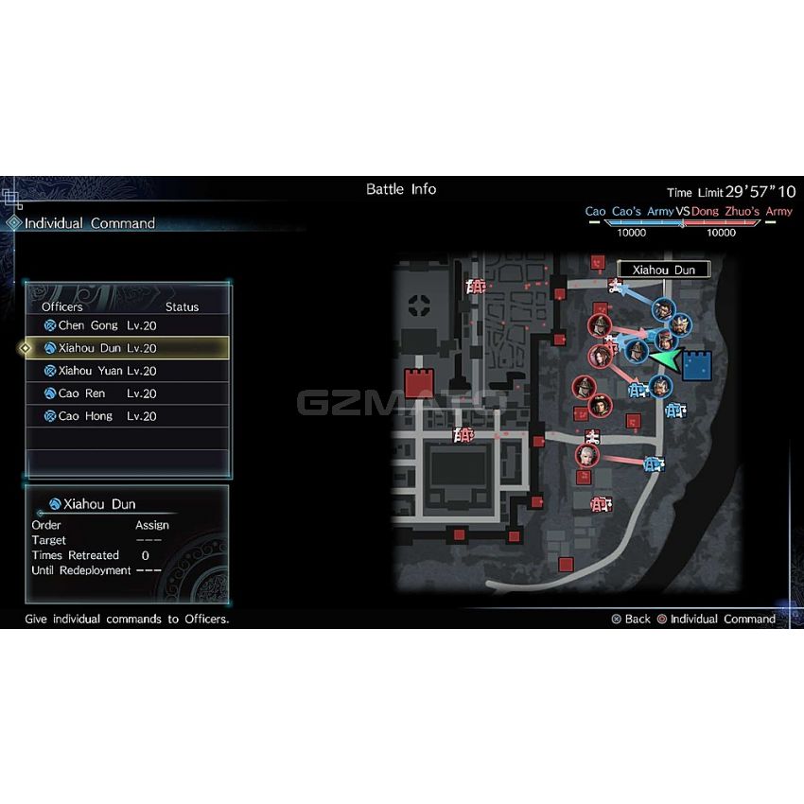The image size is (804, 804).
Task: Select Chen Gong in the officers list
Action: pyautogui.click(x=100, y=325)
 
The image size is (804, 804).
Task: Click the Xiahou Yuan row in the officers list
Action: pyautogui.click(x=100, y=371)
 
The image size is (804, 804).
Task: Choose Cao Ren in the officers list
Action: pyautogui.click(x=100, y=393)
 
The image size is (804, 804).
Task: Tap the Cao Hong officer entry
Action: pyautogui.click(x=100, y=416)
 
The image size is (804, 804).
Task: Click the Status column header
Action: pyautogui.click(x=182, y=306)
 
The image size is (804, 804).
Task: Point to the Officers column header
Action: pyautogui.click(x=62, y=306)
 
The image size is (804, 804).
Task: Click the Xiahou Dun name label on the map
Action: pyautogui.click(x=664, y=270)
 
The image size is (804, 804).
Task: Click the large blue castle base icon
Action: pyautogui.click(x=697, y=366)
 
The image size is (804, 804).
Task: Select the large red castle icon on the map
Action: pyautogui.click(x=419, y=383)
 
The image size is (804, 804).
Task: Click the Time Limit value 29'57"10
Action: pyautogui.click(x=760, y=192)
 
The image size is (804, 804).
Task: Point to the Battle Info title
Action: pyautogui.click(x=401, y=189)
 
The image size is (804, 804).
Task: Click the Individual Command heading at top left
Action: pyautogui.click(x=90, y=223)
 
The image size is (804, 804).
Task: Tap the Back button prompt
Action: pyautogui.click(x=631, y=619)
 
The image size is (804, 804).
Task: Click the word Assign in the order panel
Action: pyautogui.click(x=152, y=525)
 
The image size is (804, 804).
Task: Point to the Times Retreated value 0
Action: pyautogui.click(x=145, y=555)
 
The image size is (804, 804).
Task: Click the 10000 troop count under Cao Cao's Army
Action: pyautogui.click(x=631, y=233)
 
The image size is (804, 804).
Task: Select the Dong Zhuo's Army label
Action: pyautogui.click(x=742, y=211)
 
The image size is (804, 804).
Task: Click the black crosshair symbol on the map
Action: pyautogui.click(x=419, y=306)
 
